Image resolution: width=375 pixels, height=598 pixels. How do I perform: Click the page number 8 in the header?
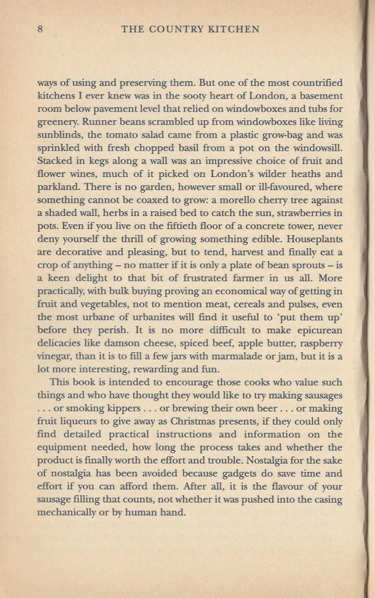(40, 29)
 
